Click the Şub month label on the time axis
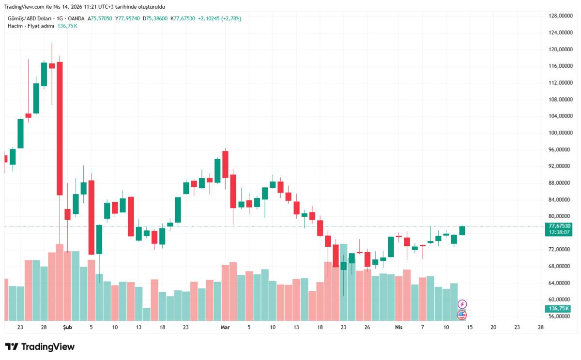pyautogui.click(x=67, y=328)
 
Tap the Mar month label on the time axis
pyautogui.click(x=225, y=328)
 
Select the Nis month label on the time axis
pyautogui.click(x=399, y=328)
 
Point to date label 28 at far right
pyautogui.click(x=540, y=328)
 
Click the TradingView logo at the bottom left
pyautogui.click(x=40, y=347)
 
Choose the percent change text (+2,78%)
pyautogui.click(x=231, y=18)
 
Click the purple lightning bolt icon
pyautogui.click(x=462, y=304)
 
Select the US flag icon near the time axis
pyautogui.click(x=462, y=315)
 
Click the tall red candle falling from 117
pyautogui.click(x=60, y=128)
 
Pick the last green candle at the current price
pyautogui.click(x=462, y=230)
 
